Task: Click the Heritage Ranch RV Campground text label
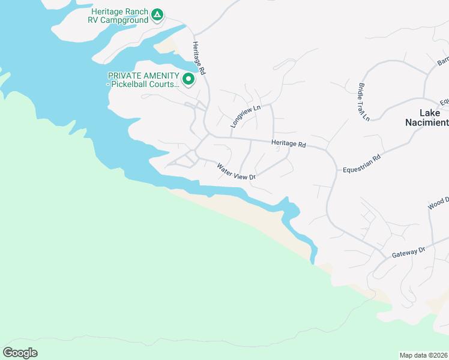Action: tap(120, 16)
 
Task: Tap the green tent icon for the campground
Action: tap(157, 14)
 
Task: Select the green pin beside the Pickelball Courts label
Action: tap(188, 79)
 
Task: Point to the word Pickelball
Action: tap(132, 85)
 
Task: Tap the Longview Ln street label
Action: tap(246, 116)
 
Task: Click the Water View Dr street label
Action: tap(236, 172)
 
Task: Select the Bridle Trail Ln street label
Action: tap(364, 101)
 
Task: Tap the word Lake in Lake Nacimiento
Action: tap(430, 113)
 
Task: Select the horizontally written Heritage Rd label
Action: tap(289, 144)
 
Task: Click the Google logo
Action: tap(20, 352)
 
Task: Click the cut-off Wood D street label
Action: tap(438, 203)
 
